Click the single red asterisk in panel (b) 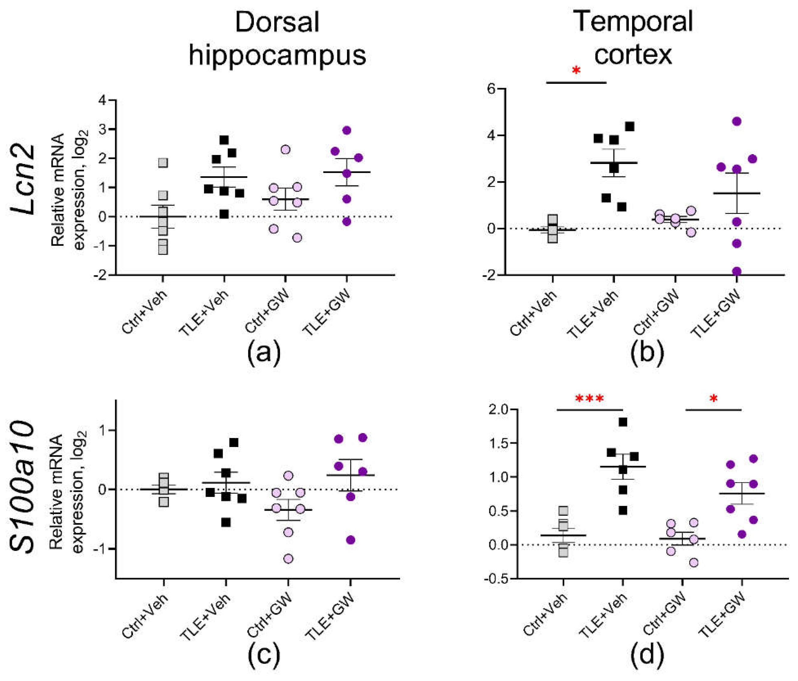point(576,71)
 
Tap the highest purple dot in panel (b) point(737,121)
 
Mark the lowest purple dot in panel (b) point(737,271)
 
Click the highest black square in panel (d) point(623,422)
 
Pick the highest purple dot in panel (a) point(347,130)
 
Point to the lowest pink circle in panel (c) point(288,558)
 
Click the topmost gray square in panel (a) point(163,163)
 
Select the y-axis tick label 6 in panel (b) point(490,89)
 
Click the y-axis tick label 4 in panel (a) point(102,100)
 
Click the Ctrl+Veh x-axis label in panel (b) point(533,313)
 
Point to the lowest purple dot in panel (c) point(351,540)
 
